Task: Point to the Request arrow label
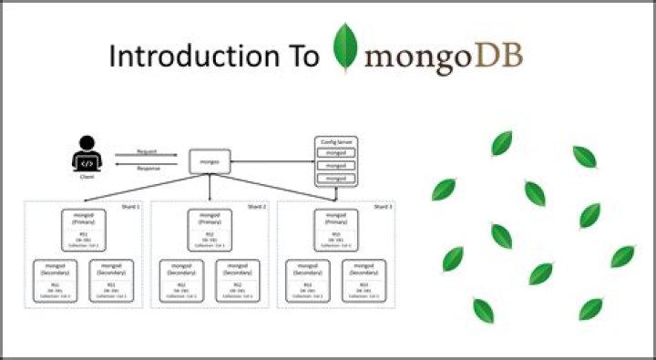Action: click(x=147, y=151)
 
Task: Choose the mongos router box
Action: click(x=210, y=162)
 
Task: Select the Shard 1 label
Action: click(x=130, y=207)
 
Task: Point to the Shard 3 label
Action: click(x=384, y=207)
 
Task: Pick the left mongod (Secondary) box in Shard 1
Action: click(x=56, y=282)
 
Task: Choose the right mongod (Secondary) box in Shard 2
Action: click(x=238, y=282)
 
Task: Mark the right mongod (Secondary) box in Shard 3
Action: click(x=364, y=282)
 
